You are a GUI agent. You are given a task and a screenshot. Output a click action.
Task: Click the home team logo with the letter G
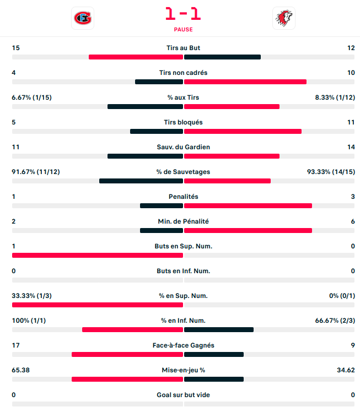[x=83, y=18]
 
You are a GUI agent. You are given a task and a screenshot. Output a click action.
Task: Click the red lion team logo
[x=283, y=18]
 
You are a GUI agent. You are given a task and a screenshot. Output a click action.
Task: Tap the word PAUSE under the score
[x=183, y=30]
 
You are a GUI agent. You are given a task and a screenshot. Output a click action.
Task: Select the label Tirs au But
[x=183, y=48]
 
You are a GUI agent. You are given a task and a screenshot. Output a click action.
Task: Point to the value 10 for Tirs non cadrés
[x=351, y=73]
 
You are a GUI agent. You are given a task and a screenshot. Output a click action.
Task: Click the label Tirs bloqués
[x=183, y=122]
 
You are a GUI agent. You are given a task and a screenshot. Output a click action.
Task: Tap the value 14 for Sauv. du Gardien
[x=351, y=147]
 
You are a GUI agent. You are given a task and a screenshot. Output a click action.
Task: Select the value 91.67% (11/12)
[x=36, y=172]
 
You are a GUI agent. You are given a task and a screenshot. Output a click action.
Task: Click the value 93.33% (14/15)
[x=331, y=172]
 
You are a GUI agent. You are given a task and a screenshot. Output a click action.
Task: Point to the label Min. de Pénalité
[x=183, y=221]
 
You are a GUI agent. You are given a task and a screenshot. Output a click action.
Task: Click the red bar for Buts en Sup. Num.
[x=97, y=255]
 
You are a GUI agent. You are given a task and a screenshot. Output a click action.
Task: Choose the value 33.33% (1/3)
[x=32, y=296]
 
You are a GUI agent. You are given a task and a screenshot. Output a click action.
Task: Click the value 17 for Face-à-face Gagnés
[x=16, y=345]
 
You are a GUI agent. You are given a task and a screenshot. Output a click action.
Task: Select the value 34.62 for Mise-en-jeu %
[x=346, y=370]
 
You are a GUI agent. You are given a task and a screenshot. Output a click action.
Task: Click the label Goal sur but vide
[x=183, y=395]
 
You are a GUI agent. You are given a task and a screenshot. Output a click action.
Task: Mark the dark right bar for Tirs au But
[x=222, y=57]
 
